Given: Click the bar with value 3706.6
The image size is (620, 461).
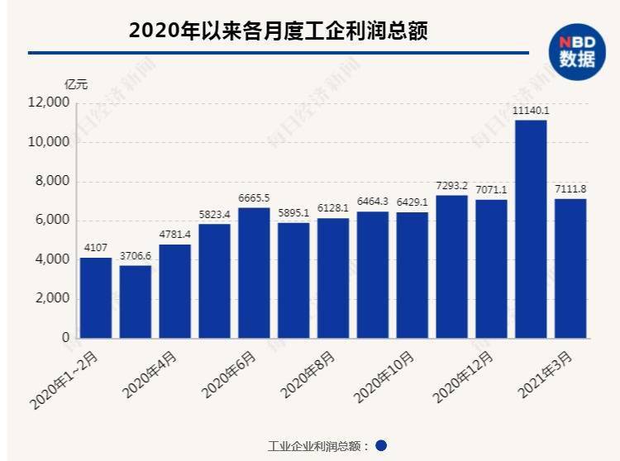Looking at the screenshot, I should click(x=135, y=302).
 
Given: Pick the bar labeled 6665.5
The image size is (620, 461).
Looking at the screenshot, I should click(x=254, y=273).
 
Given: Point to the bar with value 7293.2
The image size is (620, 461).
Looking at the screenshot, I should click(x=451, y=266).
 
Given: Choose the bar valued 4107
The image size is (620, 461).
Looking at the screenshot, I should click(x=96, y=297).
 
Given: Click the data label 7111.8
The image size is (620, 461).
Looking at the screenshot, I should click(x=570, y=189).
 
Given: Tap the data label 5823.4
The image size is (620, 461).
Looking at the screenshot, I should click(x=214, y=215).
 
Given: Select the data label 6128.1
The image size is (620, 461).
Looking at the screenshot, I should click(x=332, y=209).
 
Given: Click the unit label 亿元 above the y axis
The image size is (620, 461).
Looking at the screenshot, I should click(x=76, y=83).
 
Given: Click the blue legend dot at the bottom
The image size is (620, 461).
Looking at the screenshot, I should click(x=381, y=445).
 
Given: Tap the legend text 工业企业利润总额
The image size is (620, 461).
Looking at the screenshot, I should click(x=317, y=446).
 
